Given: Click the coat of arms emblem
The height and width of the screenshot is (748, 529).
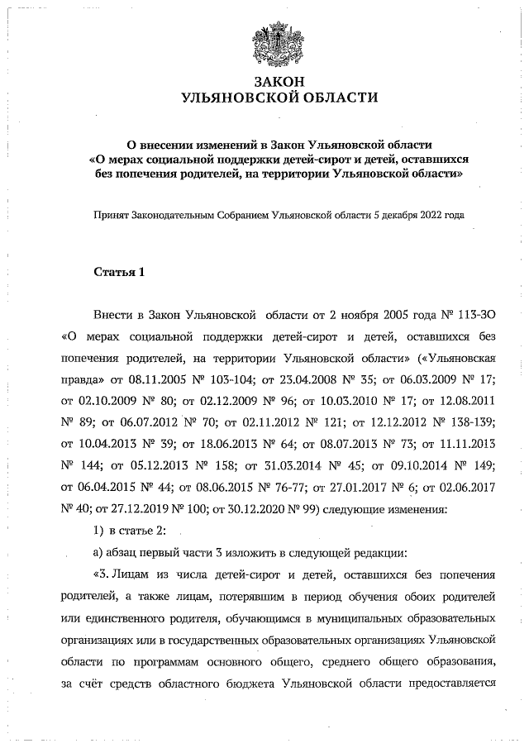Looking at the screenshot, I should click(279, 45).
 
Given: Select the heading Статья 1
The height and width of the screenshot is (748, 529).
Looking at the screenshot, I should click(118, 271).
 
